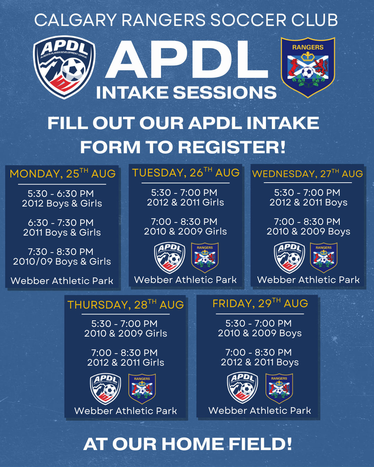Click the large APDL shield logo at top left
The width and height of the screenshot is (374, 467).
pos(64,67)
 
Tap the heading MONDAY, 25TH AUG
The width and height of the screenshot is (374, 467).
pos(62,174)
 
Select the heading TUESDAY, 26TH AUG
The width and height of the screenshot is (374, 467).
pos(186,173)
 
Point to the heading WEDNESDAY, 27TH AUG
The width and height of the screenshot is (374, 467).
pos(308,174)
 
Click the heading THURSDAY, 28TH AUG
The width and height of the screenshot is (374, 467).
pos(125,305)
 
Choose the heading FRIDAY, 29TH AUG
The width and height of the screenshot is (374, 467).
pos(260,303)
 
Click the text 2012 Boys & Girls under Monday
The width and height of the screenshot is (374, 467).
pos(62,203)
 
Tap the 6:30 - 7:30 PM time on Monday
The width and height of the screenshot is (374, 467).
pos(61,222)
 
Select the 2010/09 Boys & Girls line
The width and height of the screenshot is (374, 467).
pos(62,262)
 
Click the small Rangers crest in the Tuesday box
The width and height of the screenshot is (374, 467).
pos(205,257)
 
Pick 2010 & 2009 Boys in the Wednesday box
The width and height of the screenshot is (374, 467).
pos(308,231)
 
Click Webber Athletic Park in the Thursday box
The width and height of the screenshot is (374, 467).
pos(125,411)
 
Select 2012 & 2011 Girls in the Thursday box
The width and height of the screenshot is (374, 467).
pos(125,363)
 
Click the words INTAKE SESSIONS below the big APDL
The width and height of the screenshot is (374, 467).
pos(186,93)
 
